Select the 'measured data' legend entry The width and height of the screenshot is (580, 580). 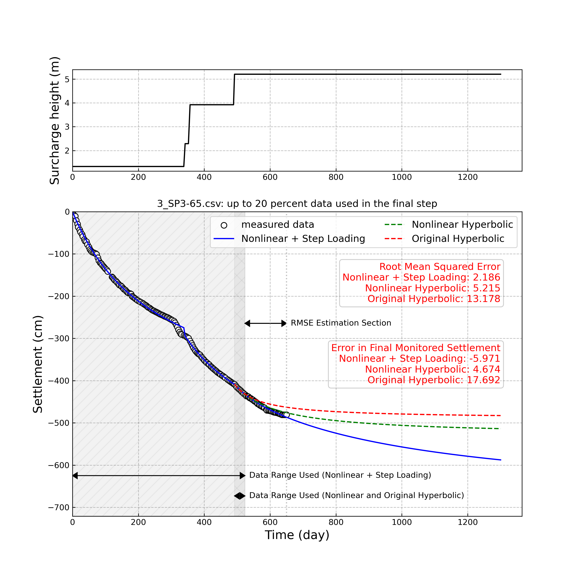277,224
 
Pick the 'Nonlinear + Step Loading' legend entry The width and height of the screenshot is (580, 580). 303,239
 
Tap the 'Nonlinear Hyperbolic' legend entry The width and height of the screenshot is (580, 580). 462,224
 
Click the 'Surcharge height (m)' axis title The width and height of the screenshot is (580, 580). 55,120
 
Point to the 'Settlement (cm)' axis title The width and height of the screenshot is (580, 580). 38,364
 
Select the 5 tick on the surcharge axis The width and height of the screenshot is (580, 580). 67,79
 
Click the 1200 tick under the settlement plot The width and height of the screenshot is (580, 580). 467,522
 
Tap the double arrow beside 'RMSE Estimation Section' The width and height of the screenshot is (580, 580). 265,323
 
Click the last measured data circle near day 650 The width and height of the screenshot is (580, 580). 286,415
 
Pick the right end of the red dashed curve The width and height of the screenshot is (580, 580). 501,415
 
